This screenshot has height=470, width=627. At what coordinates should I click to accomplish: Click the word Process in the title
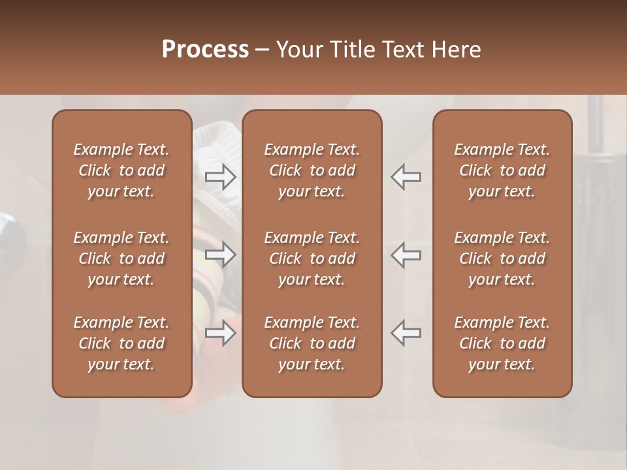pos(205,50)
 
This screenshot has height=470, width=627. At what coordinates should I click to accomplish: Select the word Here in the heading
pos(456,50)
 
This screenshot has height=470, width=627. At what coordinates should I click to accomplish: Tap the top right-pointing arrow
pos(220,176)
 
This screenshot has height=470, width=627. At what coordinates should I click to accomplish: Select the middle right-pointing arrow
pos(220,255)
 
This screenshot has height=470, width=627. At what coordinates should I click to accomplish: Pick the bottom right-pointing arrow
pos(220,332)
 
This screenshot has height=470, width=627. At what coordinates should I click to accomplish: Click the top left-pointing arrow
pos(406,176)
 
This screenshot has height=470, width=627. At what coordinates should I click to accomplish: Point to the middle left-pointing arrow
pos(406,255)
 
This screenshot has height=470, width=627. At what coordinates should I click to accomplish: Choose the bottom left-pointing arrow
pos(406,332)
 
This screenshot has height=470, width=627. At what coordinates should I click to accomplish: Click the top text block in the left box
pos(121,170)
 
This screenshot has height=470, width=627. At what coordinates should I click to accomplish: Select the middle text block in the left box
pos(121,258)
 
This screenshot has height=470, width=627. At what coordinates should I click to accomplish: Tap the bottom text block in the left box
pos(121,343)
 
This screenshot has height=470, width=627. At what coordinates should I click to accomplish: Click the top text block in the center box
pos(312,170)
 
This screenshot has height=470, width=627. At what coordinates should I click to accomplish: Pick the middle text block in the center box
pos(312,258)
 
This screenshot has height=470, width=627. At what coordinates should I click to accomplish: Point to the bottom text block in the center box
pos(312,343)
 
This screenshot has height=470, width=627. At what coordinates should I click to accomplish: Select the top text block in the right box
pos(502,170)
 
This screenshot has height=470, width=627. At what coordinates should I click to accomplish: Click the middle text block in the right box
pos(502,258)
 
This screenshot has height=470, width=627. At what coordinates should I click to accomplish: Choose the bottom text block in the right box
pos(502,343)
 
